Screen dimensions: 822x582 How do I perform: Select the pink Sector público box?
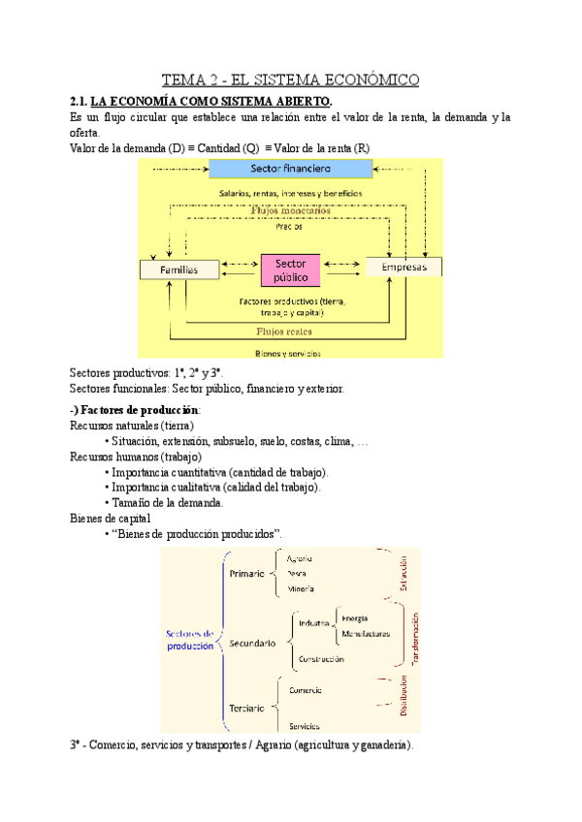click(x=291, y=269)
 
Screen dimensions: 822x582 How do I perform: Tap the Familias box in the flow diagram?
click(x=178, y=270)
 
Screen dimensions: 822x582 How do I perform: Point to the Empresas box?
click(x=404, y=266)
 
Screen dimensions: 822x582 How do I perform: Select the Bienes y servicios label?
click(x=287, y=354)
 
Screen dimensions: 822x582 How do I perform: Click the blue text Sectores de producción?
click(x=190, y=640)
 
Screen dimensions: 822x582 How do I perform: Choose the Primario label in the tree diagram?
click(x=246, y=574)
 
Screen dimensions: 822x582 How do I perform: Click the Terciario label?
click(x=247, y=708)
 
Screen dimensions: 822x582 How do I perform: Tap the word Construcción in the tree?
click(x=322, y=659)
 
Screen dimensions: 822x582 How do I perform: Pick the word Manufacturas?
click(x=366, y=634)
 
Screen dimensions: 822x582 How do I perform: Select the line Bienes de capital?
click(x=111, y=518)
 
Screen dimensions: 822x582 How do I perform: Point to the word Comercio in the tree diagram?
click(x=307, y=690)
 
